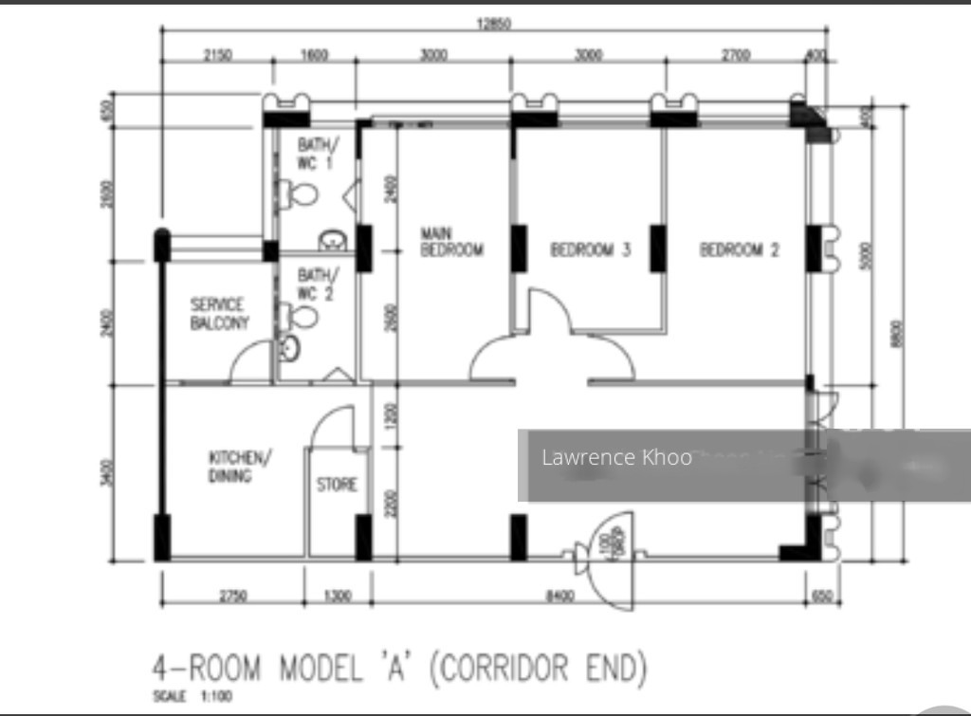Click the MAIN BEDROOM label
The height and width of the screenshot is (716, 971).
pos(451,242)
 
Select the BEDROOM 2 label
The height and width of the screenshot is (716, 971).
pos(739,250)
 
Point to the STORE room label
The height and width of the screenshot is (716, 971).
pos(337,485)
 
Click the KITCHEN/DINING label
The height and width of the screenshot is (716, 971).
pos(240,467)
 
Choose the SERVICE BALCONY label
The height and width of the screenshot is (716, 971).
pos(219,314)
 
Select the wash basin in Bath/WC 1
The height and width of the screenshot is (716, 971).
pos(332,239)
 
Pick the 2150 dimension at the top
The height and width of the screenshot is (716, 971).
pos(217,56)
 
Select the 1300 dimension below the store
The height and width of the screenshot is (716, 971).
pos(338,597)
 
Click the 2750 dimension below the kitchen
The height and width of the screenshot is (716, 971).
pos(233,597)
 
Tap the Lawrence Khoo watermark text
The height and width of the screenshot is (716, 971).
pos(616,458)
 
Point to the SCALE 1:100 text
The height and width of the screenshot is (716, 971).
pos(192,697)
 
